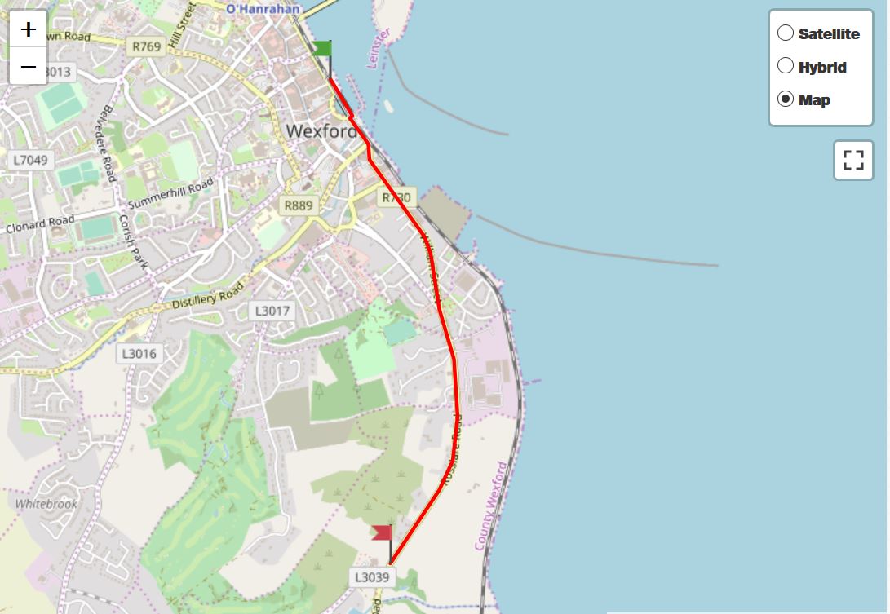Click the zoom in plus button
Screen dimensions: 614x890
point(29,29)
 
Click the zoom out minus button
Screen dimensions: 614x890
point(29,66)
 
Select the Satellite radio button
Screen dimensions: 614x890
point(786,33)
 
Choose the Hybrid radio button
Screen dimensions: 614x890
point(786,66)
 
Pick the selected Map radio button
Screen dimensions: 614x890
point(786,99)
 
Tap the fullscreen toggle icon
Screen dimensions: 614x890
point(853,160)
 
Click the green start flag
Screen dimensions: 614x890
point(322,49)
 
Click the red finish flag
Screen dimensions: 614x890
point(382,533)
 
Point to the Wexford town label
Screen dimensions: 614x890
point(321,131)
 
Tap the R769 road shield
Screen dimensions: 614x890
point(147,46)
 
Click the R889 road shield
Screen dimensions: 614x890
point(298,205)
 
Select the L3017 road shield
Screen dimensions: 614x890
point(272,311)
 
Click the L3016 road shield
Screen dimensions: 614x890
point(140,353)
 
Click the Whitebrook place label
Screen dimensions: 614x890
point(46,504)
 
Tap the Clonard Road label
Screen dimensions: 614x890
point(40,223)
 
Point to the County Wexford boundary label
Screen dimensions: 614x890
point(491,506)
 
